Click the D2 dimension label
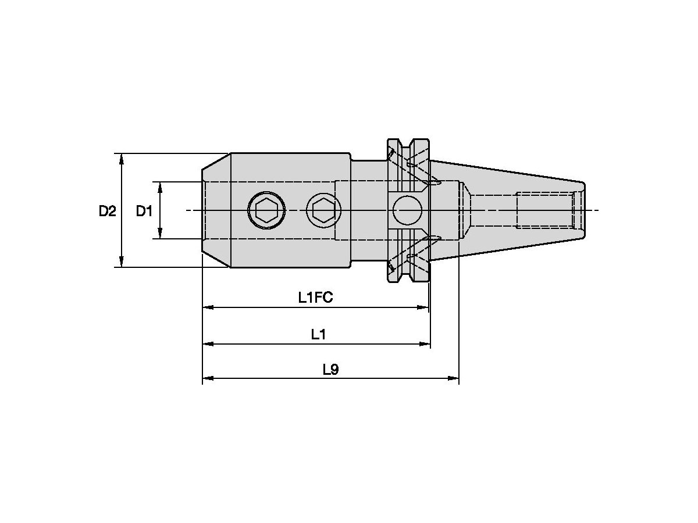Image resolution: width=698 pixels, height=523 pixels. pyautogui.click(x=107, y=211)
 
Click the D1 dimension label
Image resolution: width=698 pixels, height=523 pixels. pyautogui.click(x=144, y=211)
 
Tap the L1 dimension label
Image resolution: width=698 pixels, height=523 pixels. pyautogui.click(x=318, y=334)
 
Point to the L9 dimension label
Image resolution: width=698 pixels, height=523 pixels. pyautogui.click(x=330, y=370)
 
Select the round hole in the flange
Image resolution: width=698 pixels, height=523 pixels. pyautogui.click(x=407, y=210)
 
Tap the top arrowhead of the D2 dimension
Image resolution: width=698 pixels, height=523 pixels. pyautogui.click(x=121, y=158)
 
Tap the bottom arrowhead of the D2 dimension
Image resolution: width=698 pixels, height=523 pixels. pyautogui.click(x=121, y=263)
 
